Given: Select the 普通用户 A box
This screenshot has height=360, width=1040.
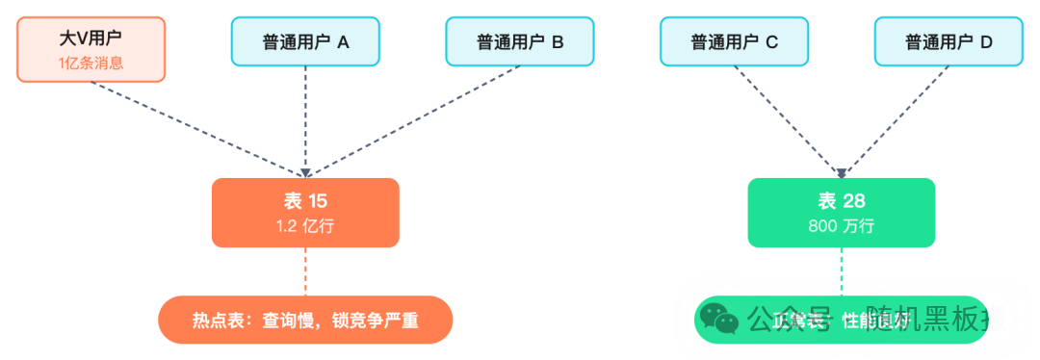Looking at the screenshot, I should pos(306,42).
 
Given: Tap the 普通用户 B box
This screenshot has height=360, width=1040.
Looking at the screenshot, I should pos(520,42).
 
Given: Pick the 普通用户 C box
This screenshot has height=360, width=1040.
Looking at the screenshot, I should pos(734,42).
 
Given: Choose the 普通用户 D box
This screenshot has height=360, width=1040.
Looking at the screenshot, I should pos(949,42).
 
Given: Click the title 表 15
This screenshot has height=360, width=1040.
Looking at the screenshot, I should pos(305,201).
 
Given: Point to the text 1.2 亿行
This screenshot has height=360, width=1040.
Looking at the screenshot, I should pos(305,226).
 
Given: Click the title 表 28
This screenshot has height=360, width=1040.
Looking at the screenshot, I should pos(842,201).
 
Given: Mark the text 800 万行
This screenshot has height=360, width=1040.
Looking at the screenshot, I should pos(842,226).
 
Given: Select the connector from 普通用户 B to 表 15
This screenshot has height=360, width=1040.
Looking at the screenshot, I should pos(424,120).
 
